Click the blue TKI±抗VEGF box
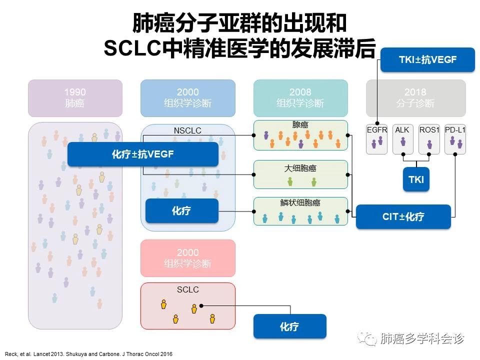coord(427,59)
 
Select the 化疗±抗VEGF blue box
coord(143,154)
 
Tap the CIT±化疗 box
coord(403,216)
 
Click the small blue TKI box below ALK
coord(415,179)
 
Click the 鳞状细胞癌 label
coord(300,203)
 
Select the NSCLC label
coord(187,131)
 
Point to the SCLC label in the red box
coord(187,289)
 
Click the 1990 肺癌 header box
coord(75,98)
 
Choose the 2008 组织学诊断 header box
coord(300,98)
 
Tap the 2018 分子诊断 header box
coord(415,98)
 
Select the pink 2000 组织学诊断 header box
coord(187,258)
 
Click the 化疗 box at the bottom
coord(289,326)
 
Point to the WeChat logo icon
coord(369,339)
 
